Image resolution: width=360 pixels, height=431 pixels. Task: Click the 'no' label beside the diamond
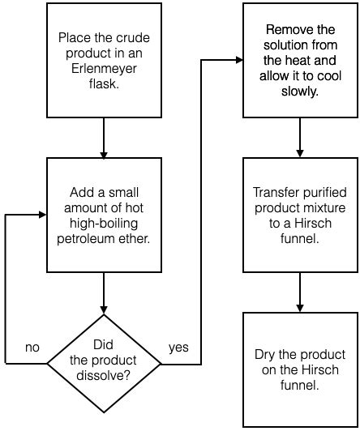(32, 347)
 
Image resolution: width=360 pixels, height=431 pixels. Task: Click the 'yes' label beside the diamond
(178, 347)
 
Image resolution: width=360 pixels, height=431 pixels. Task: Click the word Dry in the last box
(266, 356)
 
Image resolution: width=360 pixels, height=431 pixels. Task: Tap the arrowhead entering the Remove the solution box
(239, 59)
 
